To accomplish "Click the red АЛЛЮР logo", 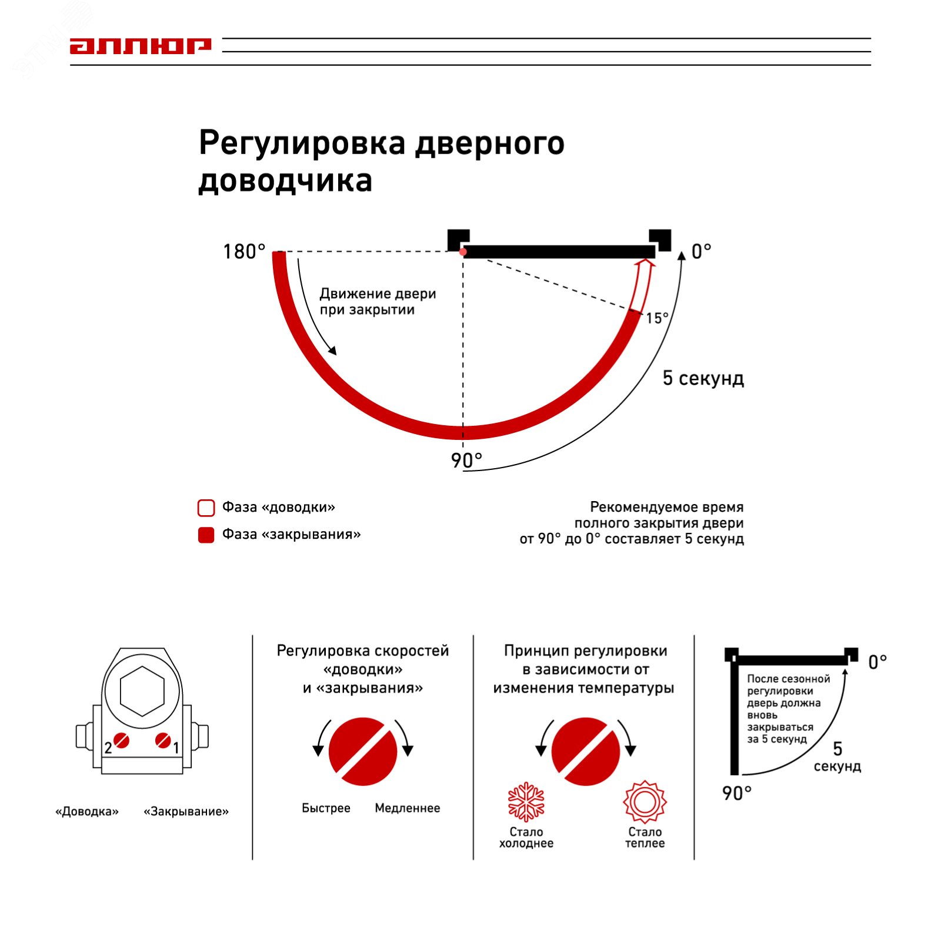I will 140,46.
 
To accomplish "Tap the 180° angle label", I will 244,252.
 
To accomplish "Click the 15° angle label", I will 657,318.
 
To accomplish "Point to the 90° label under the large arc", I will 466,461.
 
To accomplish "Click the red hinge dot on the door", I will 463,252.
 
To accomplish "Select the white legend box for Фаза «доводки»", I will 206,508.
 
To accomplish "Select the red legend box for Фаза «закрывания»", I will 206,535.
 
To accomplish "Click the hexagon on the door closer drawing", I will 142,691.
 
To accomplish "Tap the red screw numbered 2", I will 122,740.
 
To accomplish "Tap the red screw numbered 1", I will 163,740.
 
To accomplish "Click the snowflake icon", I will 526,802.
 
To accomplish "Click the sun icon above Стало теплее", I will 645,802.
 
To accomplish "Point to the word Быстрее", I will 326,808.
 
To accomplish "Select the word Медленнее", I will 407,808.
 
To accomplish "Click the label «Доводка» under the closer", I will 87,812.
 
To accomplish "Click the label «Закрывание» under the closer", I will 186,812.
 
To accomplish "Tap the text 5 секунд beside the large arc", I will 703,378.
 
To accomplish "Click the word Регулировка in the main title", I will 302,144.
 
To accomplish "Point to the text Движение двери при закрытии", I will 377,301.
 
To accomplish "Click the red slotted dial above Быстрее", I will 363,751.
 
